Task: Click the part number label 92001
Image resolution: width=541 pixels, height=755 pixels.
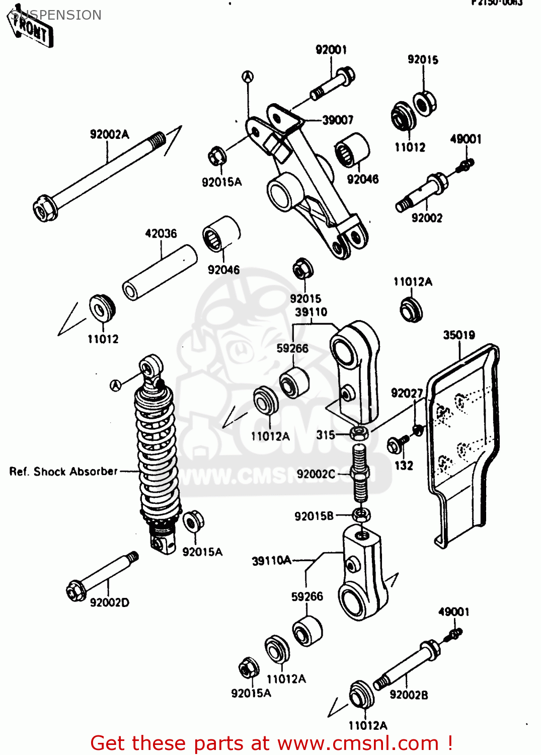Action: pyautogui.click(x=331, y=49)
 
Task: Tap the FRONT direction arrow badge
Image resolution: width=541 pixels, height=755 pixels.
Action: pyautogui.click(x=31, y=28)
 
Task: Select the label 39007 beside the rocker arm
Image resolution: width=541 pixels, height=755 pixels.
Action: pyautogui.click(x=338, y=120)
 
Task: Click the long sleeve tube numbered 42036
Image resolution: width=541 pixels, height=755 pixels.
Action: pyautogui.click(x=160, y=272)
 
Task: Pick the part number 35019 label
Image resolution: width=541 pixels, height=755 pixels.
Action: pyautogui.click(x=458, y=335)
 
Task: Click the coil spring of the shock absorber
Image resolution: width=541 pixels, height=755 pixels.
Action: pyautogui.click(x=156, y=453)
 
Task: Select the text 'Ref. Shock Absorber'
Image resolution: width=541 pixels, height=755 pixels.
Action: pyautogui.click(x=63, y=472)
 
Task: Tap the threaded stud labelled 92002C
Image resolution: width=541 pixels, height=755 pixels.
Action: pyautogui.click(x=359, y=473)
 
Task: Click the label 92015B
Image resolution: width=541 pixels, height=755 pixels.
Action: pyautogui.click(x=314, y=516)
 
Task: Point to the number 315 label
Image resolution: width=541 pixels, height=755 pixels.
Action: pyautogui.click(x=326, y=435)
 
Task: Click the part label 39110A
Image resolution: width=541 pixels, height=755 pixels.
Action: pyautogui.click(x=271, y=561)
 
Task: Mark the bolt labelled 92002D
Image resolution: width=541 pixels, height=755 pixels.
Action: pyautogui.click(x=101, y=576)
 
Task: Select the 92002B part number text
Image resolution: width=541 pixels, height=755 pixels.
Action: pyautogui.click(x=409, y=695)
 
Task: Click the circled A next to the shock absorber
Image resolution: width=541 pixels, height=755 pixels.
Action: pyautogui.click(x=116, y=386)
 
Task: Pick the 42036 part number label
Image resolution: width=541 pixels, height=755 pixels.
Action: pyautogui.click(x=161, y=234)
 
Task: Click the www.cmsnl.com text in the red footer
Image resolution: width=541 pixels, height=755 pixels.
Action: pyautogui.click(x=358, y=743)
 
